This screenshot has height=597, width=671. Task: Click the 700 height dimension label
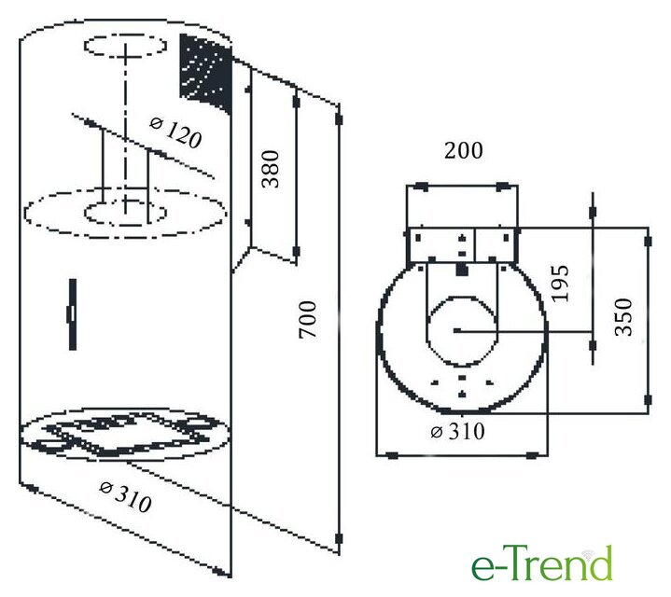tap(308, 319)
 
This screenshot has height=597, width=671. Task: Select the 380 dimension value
tap(271, 169)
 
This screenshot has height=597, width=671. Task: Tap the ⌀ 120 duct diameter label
tap(175, 133)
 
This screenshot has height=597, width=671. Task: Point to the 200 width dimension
tap(464, 150)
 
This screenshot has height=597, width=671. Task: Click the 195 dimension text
tap(561, 284)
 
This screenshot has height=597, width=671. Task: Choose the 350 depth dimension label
tap(623, 317)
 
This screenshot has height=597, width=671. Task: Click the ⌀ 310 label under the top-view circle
tap(457, 432)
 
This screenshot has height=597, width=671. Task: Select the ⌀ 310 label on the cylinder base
tap(125, 497)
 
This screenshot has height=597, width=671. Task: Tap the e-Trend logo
tap(542, 563)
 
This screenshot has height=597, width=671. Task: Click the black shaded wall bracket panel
tap(206, 73)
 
